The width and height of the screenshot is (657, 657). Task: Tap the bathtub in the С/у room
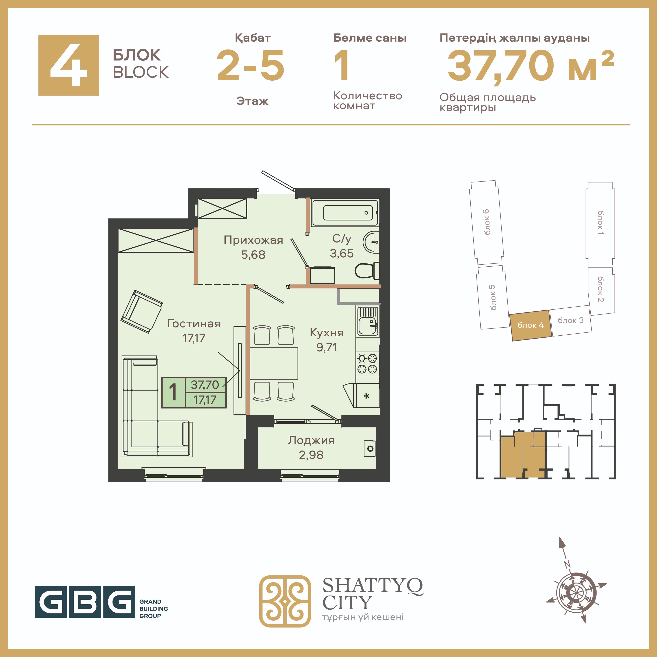(x=345, y=213)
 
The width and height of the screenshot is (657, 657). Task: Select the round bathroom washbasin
(x=371, y=242)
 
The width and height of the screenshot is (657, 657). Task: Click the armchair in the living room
(x=141, y=312)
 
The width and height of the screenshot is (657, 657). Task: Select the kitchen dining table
(x=274, y=363)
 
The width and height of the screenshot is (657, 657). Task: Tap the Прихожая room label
(x=253, y=240)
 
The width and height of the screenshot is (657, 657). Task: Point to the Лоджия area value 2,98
(x=311, y=455)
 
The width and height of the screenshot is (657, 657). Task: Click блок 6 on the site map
(x=486, y=222)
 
